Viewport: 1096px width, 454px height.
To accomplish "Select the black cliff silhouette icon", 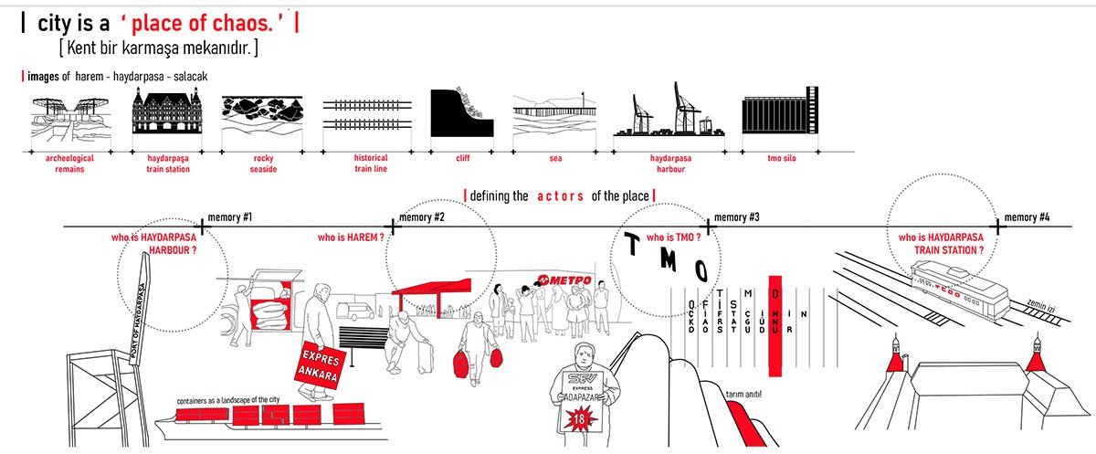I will tap(461, 114).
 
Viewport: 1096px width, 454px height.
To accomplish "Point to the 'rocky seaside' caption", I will tap(264, 164).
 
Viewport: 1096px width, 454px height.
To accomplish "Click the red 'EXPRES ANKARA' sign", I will tap(313, 364).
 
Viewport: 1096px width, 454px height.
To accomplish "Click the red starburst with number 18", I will tap(580, 418).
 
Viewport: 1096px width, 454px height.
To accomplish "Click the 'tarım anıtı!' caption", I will tap(743, 394).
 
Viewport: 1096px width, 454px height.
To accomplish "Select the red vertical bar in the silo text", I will tap(776, 326).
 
